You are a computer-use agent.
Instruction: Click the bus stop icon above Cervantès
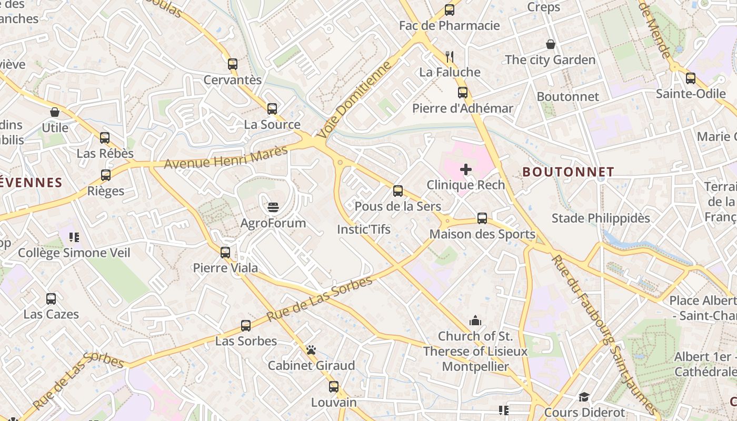tap(232, 64)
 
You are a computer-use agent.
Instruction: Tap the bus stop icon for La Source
tap(272, 109)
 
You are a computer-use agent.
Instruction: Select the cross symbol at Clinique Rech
tap(465, 169)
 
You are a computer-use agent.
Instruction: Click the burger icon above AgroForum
tap(273, 207)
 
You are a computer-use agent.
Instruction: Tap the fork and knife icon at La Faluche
tap(449, 56)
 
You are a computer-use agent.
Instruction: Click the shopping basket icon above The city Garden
tap(550, 44)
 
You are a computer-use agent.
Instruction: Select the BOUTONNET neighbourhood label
tap(568, 172)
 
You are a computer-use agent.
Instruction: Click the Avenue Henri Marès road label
tap(226, 157)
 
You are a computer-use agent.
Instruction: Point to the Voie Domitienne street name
tap(355, 100)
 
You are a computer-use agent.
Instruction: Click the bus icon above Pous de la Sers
tap(398, 191)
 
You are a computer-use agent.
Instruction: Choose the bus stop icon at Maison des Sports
tap(482, 218)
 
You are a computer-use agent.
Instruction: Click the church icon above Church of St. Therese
tap(475, 320)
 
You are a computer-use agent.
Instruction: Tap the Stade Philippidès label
tap(601, 218)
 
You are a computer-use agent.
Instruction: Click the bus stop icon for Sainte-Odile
tap(690, 78)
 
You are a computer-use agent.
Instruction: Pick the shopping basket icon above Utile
tap(55, 112)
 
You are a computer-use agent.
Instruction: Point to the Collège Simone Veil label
tap(74, 253)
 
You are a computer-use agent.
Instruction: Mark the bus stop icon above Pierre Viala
tap(225, 252)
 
